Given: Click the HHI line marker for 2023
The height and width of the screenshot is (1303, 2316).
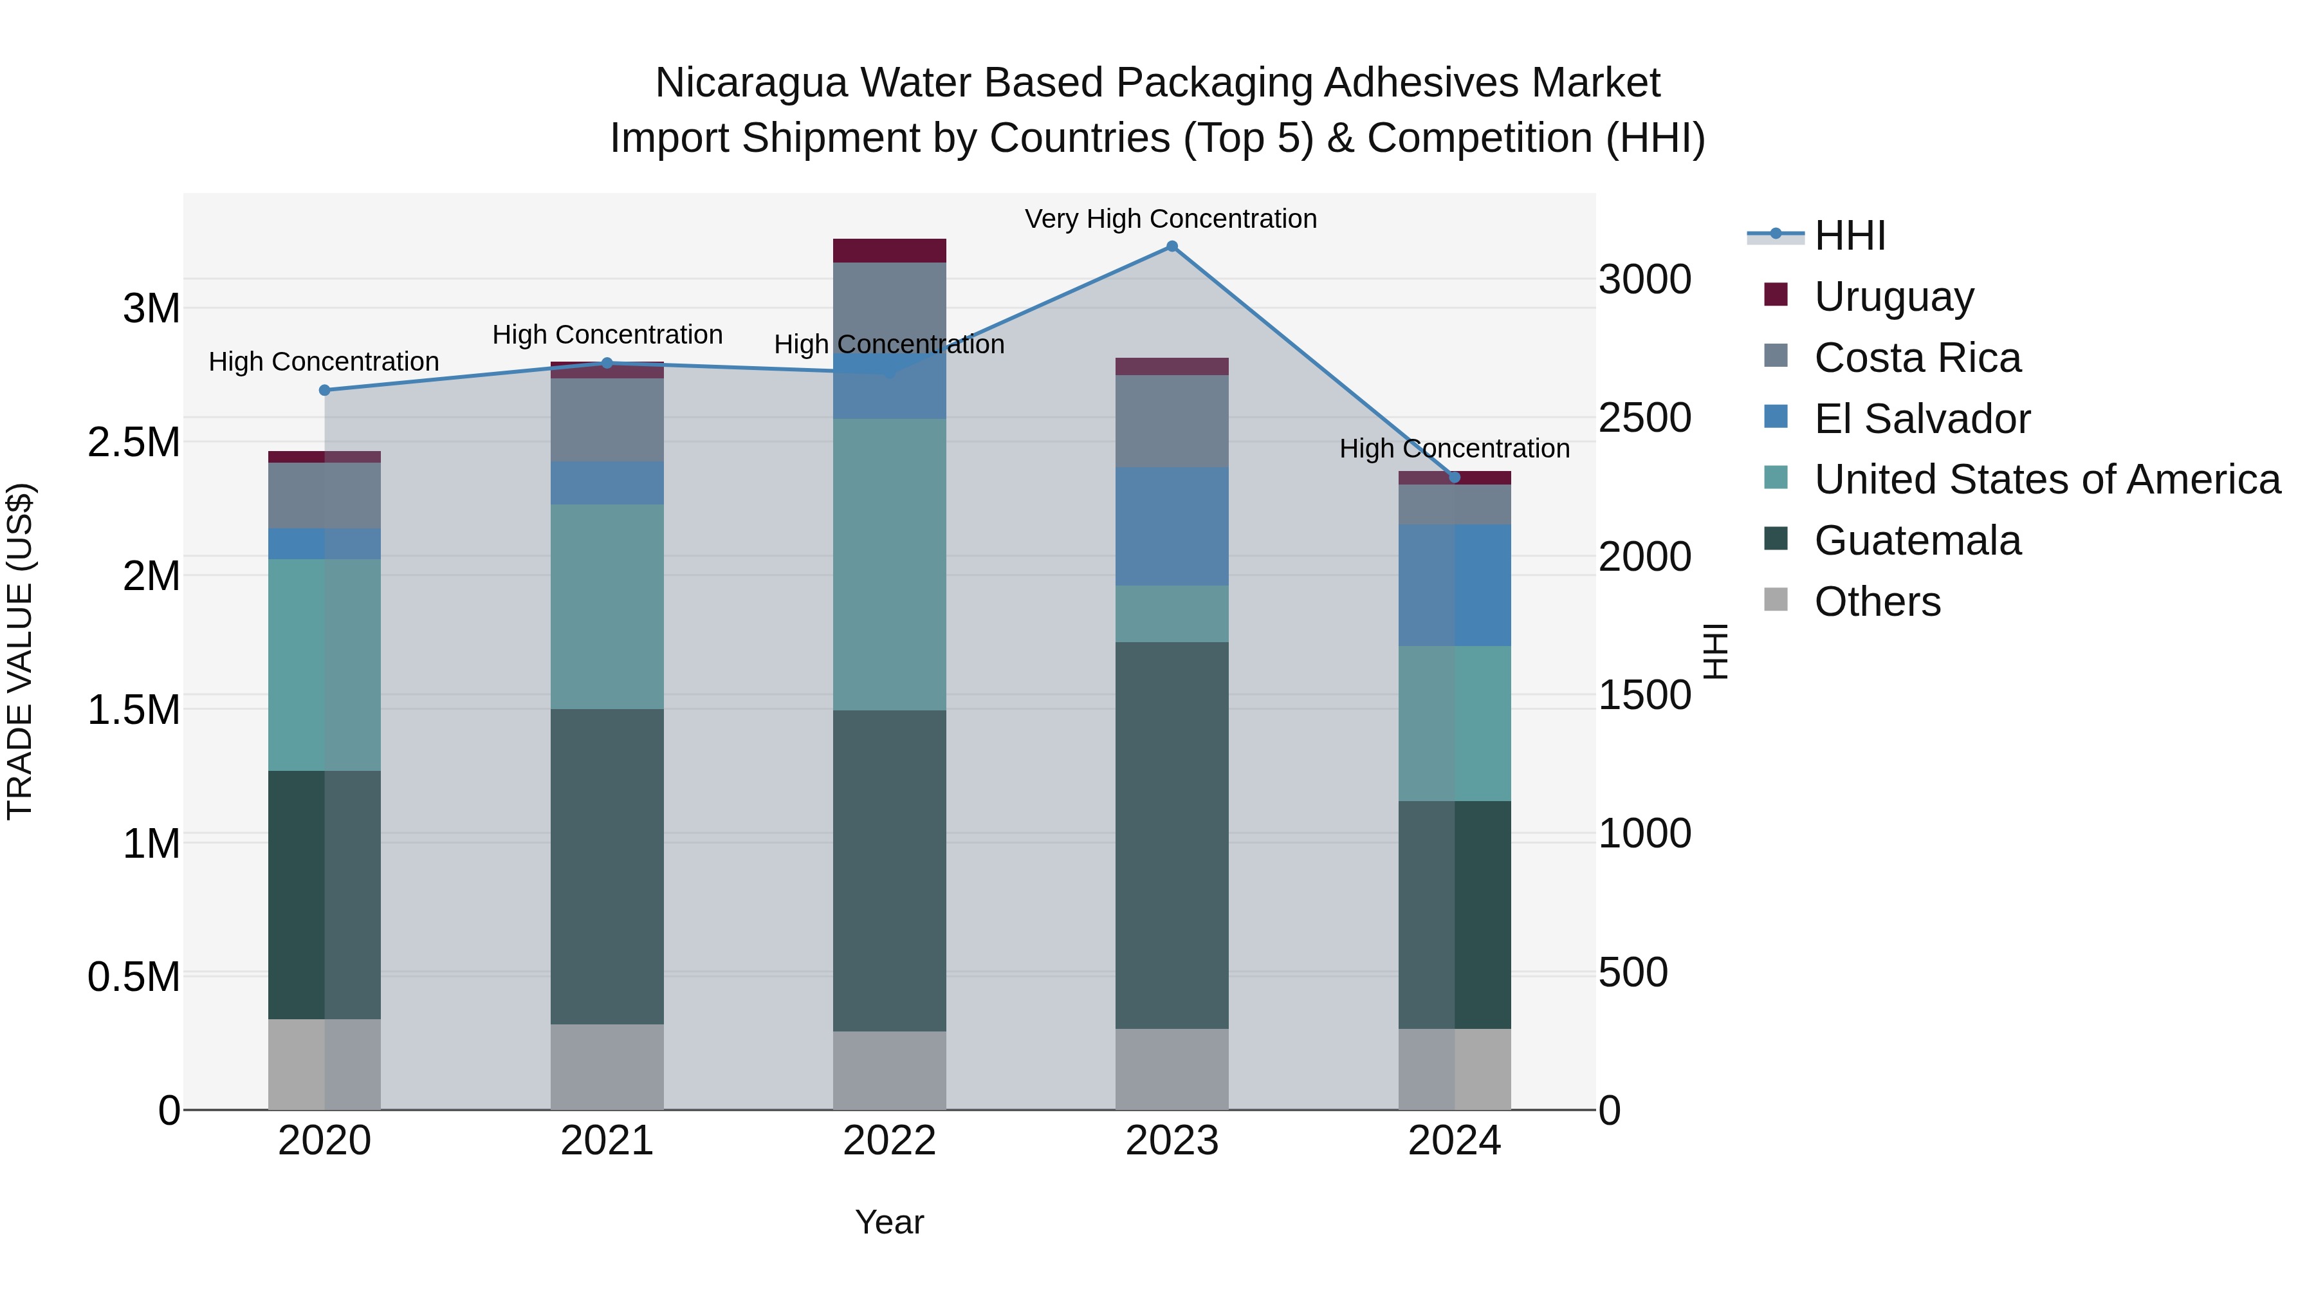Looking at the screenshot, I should pyautogui.click(x=1172, y=246).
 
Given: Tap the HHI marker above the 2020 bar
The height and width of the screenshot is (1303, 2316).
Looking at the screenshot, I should pyautogui.click(x=325, y=391).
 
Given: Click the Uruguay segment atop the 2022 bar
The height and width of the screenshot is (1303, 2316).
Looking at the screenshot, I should pyautogui.click(x=889, y=251).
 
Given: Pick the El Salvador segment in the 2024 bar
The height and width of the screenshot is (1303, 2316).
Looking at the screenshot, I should pyautogui.click(x=1454, y=586).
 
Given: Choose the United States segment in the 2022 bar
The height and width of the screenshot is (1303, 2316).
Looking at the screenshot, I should pyautogui.click(x=889, y=565).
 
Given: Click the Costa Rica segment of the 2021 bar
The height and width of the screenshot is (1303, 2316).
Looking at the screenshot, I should pyautogui.click(x=607, y=420).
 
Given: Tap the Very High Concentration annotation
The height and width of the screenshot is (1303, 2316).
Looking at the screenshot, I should pyautogui.click(x=1171, y=219).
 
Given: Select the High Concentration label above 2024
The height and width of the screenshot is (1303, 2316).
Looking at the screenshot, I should pyautogui.click(x=1454, y=448).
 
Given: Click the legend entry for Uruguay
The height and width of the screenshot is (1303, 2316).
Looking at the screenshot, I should pyautogui.click(x=1893, y=297).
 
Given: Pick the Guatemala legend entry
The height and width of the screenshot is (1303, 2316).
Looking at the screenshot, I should pyautogui.click(x=1917, y=541).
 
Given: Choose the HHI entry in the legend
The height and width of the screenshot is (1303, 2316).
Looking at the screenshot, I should pyautogui.click(x=1850, y=236).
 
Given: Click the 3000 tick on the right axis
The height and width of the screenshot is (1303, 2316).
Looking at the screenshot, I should pyautogui.click(x=1644, y=280).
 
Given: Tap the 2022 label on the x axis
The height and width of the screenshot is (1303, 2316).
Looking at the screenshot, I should pyautogui.click(x=889, y=1141).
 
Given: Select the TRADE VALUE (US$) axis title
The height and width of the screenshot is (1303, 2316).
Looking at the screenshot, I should pyautogui.click(x=20, y=651).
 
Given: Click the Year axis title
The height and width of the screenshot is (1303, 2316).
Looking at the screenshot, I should pyautogui.click(x=889, y=1222).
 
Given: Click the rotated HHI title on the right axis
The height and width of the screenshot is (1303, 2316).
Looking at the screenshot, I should pyautogui.click(x=1715, y=651).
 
